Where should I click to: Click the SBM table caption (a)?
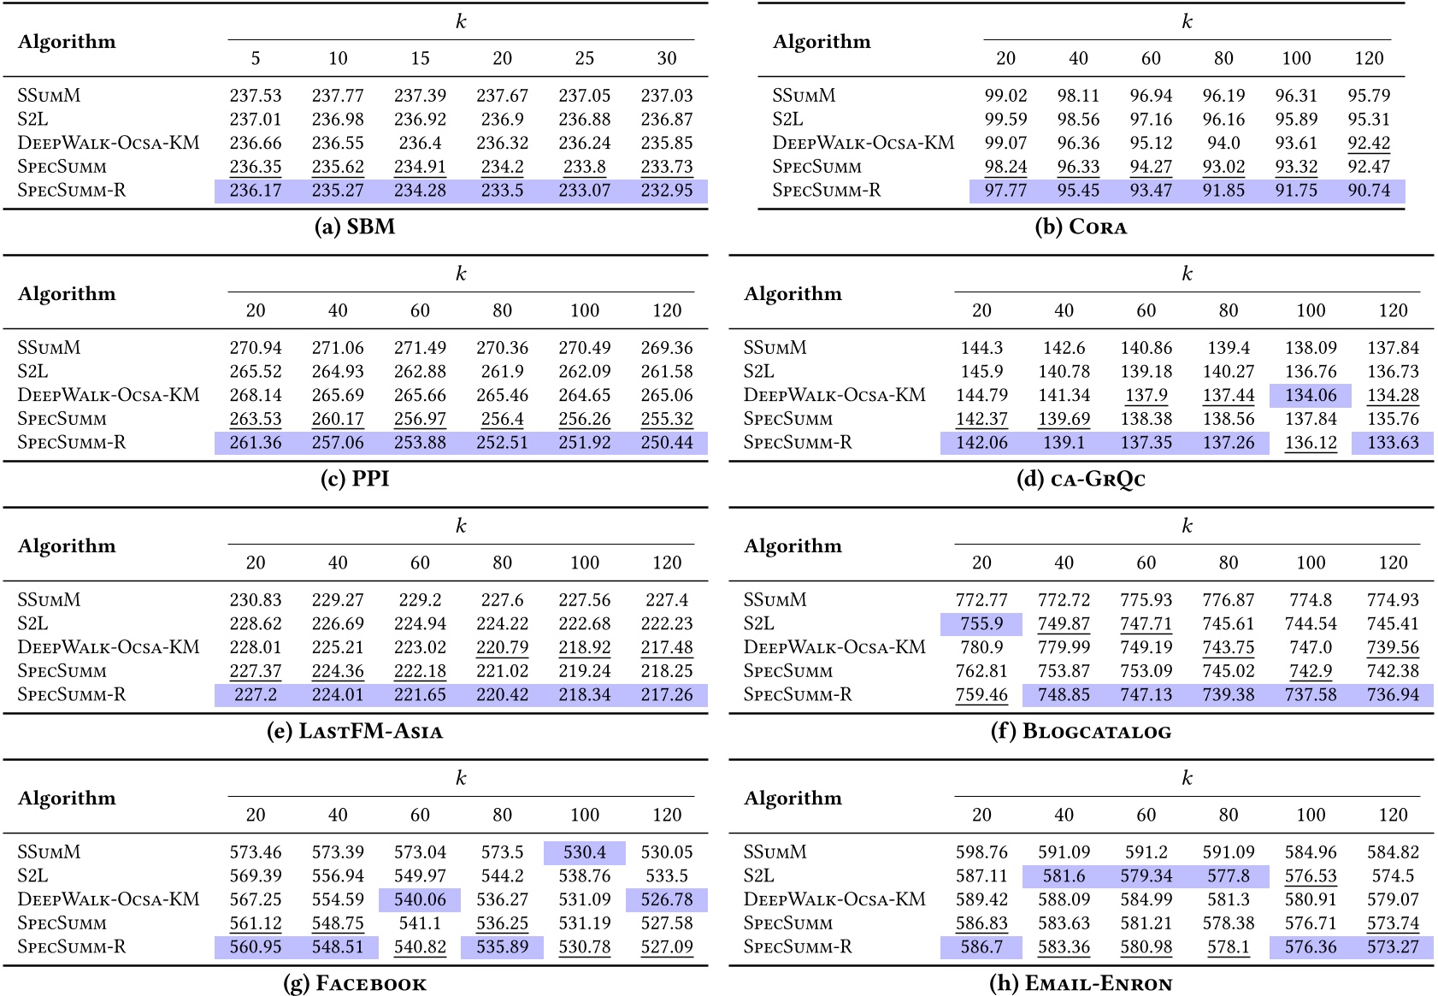pos(355,227)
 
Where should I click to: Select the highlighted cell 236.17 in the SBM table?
pos(256,191)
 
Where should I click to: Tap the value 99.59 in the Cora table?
pos(1005,120)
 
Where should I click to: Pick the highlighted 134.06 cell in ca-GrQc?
pos(1310,395)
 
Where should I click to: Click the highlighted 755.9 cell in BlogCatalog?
pos(981,624)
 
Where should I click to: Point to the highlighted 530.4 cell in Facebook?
pos(584,852)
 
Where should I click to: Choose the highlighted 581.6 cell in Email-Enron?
pos(1063,876)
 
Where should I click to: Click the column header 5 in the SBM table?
pos(256,58)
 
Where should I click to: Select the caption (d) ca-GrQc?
pos(1081,479)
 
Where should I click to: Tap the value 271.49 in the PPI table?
pos(420,348)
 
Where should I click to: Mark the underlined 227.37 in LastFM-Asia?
pos(256,671)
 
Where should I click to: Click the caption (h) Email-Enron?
pos(1081,983)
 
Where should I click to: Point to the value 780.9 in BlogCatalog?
pos(981,647)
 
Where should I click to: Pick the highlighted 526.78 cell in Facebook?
pos(667,899)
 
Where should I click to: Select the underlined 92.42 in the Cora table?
pos(1369,143)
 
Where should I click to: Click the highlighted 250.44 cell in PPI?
pos(667,443)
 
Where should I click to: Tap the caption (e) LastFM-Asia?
pos(355,731)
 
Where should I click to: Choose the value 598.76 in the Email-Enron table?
pos(981,852)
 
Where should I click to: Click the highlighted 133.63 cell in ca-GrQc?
pos(1393,443)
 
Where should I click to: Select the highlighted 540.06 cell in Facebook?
pos(420,899)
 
